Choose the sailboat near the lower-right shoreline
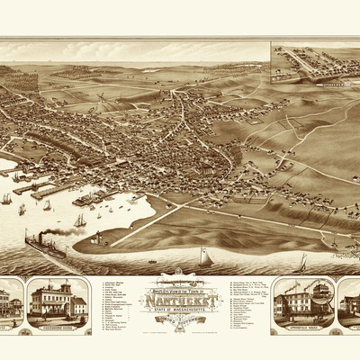(x=302, y=262)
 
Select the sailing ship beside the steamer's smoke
(x=79, y=220)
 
